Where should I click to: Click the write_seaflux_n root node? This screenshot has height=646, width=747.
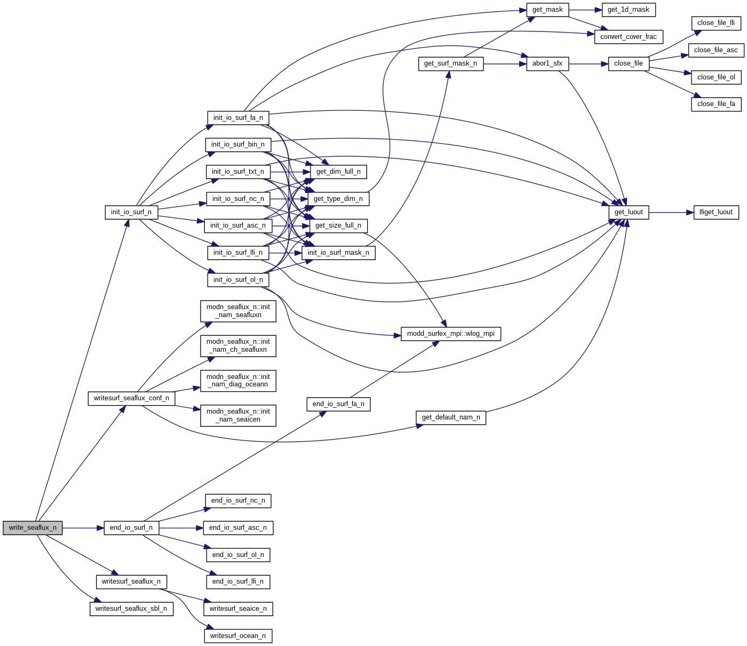[x=33, y=528]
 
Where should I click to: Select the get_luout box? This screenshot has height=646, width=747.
[x=629, y=212]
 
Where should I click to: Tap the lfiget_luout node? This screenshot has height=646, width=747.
[x=716, y=212]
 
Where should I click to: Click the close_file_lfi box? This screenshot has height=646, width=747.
[x=716, y=23]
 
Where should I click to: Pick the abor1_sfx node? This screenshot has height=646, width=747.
[x=547, y=63]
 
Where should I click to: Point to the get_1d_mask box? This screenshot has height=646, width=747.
[x=629, y=10]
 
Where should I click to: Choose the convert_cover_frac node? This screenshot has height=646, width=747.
[x=629, y=37]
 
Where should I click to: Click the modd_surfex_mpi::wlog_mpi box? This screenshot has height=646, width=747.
[x=451, y=334]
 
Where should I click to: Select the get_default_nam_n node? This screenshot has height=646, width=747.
[x=451, y=417]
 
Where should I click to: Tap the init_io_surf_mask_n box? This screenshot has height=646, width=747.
[x=338, y=253]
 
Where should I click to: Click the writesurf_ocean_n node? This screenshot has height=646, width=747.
[x=238, y=636]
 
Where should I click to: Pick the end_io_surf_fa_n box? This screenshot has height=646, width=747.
[x=338, y=404]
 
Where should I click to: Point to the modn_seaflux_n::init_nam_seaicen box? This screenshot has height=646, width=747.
[x=238, y=415]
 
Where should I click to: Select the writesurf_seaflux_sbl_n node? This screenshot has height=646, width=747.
[x=131, y=609]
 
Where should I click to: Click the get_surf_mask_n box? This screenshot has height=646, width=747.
[x=451, y=63]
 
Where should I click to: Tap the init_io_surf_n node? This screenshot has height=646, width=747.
[x=131, y=212]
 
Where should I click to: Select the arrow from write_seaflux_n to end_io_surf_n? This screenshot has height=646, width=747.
[x=83, y=528]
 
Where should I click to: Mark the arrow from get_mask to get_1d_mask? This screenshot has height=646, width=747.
[x=585, y=10]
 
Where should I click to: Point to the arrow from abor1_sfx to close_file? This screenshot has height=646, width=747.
[x=589, y=63]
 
